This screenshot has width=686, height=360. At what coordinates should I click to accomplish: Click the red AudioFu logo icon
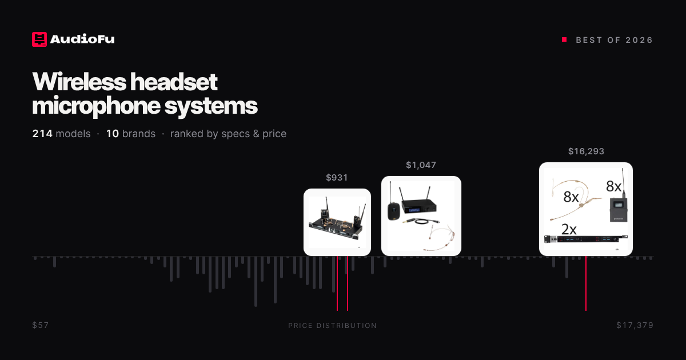click(x=39, y=39)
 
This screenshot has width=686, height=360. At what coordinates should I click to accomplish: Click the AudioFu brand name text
click(x=82, y=39)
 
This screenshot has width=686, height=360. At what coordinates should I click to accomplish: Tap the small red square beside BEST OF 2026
click(x=564, y=39)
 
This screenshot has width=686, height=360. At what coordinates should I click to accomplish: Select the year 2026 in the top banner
click(x=639, y=40)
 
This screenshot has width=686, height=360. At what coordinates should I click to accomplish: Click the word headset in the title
click(x=174, y=82)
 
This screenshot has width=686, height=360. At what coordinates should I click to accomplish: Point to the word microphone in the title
click(x=96, y=106)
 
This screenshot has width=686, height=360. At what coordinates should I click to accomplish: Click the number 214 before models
click(x=42, y=134)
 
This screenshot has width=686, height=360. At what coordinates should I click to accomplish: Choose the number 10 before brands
click(x=113, y=134)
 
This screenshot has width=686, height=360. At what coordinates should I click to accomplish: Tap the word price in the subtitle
click(x=274, y=134)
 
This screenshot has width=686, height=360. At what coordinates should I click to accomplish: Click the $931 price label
click(x=337, y=178)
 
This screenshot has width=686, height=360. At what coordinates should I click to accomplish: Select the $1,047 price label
click(x=421, y=165)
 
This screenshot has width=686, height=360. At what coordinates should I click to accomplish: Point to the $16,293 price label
click(x=586, y=151)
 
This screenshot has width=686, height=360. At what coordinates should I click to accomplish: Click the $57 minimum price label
click(x=41, y=325)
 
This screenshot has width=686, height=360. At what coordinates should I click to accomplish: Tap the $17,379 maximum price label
click(x=635, y=325)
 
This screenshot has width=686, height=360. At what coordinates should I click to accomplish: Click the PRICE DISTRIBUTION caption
click(x=332, y=326)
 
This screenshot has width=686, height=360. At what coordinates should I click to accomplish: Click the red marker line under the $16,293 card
click(x=586, y=283)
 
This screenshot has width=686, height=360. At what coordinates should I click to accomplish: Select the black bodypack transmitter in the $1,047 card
click(x=393, y=211)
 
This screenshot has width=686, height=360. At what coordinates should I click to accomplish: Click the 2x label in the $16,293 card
click(x=569, y=229)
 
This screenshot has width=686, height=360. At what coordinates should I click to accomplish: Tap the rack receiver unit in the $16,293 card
click(x=585, y=239)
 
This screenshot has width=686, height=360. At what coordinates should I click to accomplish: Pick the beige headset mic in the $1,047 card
click(x=441, y=237)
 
